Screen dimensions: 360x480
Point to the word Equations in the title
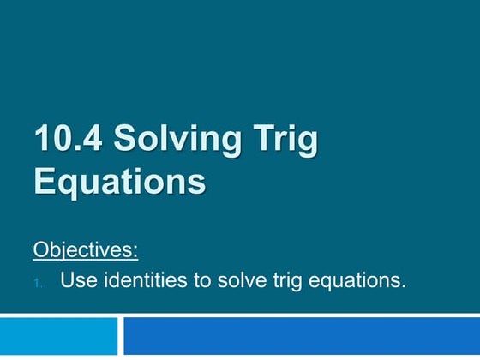(120, 182)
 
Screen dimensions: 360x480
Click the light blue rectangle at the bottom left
(58, 337)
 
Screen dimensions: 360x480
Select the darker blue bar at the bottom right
(301, 337)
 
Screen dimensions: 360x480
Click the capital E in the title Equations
(45, 182)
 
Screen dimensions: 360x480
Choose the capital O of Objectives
(42, 250)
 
